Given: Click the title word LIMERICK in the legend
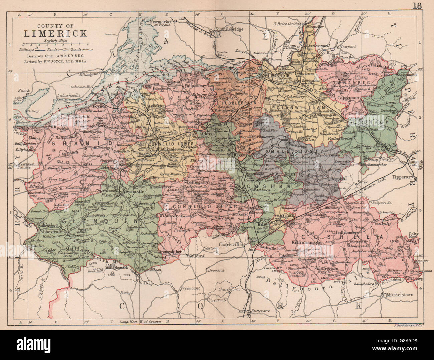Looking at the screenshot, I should [x=55, y=33].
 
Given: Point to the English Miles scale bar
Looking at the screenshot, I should [x=55, y=44].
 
